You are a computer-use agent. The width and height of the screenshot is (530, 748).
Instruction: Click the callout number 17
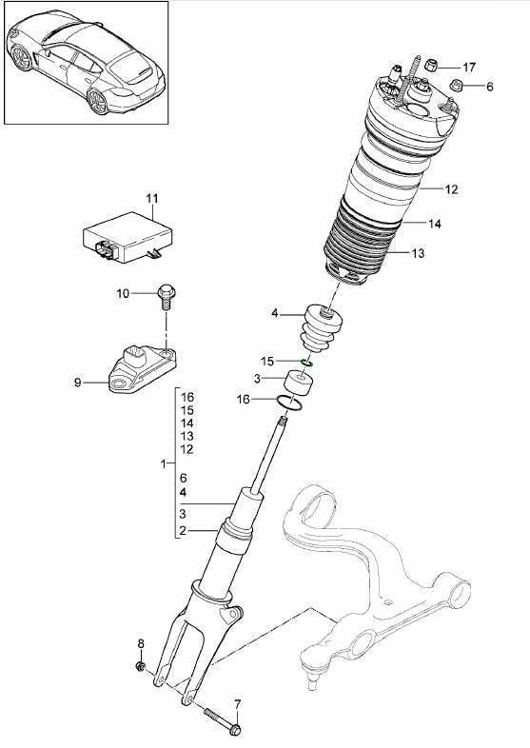(x=468, y=67)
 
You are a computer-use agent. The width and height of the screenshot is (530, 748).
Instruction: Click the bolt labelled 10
(x=166, y=297)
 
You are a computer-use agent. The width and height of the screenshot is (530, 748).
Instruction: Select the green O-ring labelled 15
(x=307, y=363)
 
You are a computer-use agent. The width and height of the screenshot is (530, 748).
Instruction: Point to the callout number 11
(x=150, y=198)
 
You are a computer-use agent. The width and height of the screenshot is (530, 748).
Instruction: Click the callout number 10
(x=122, y=294)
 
